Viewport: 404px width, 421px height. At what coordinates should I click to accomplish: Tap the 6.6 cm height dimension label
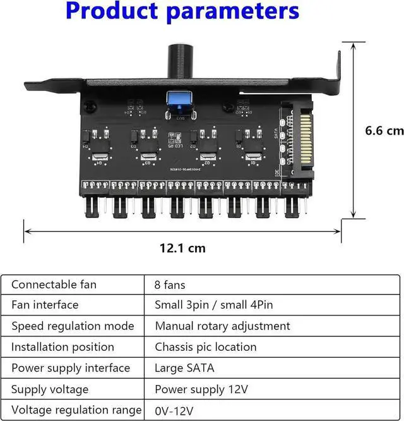(384, 131)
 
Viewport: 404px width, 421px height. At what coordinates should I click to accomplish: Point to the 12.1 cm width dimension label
(182, 248)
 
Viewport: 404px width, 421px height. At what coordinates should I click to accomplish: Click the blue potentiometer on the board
(177, 100)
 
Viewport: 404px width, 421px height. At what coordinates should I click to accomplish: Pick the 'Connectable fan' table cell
(54, 284)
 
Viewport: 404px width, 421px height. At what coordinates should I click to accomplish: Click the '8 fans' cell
(170, 284)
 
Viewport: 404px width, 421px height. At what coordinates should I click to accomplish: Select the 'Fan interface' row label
(45, 305)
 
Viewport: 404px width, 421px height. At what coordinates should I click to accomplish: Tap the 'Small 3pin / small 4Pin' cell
(214, 305)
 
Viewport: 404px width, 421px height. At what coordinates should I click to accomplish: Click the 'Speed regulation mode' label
(73, 326)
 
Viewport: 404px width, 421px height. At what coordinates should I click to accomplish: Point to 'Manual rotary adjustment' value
(222, 326)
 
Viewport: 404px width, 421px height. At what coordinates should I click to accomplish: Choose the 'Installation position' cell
(62, 347)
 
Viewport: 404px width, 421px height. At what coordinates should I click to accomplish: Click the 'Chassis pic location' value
(206, 347)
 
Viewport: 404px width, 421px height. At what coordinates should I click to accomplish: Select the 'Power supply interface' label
(71, 368)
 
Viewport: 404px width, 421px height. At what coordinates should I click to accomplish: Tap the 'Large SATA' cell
(184, 368)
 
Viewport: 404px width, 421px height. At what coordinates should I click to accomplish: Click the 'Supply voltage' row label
(50, 389)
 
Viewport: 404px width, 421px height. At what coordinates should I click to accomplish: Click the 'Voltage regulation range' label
(76, 410)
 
